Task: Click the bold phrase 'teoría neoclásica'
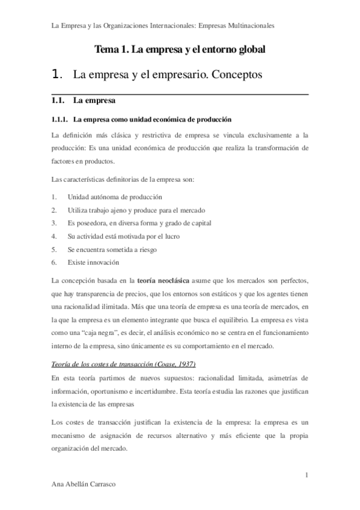164,280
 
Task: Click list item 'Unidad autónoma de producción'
115,197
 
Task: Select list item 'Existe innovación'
93,262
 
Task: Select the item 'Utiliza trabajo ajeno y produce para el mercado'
136,210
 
